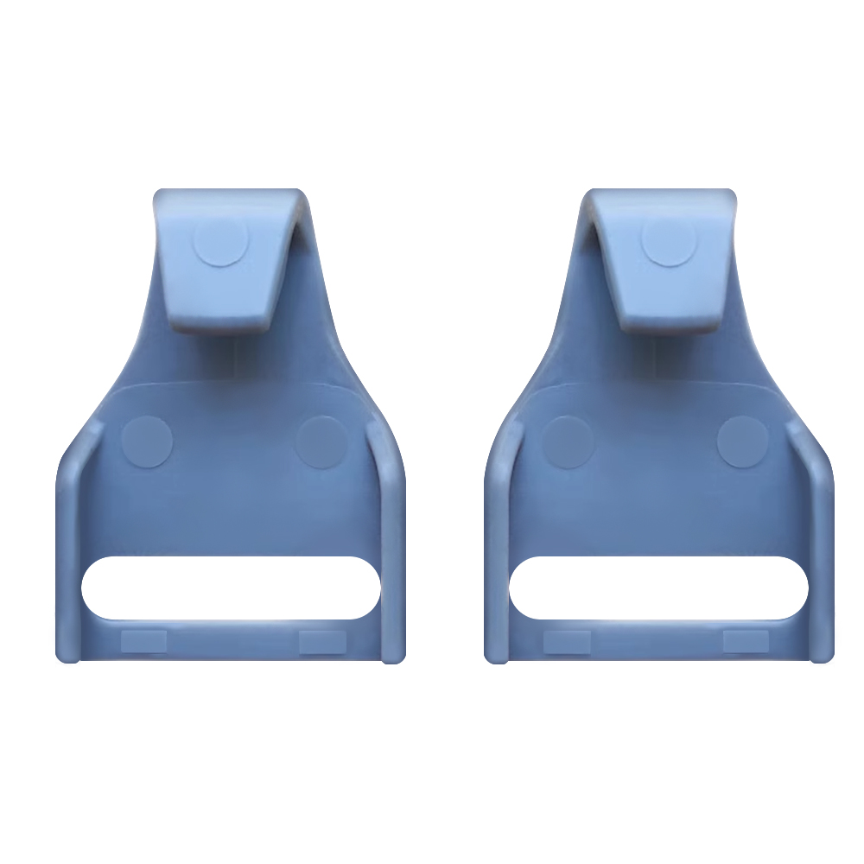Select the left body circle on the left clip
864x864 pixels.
[147, 442]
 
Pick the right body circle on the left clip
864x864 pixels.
[321, 442]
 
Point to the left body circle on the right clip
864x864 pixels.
[569, 442]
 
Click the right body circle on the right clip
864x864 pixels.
[743, 442]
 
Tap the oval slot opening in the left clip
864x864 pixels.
[231, 588]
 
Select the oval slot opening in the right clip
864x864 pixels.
[658, 588]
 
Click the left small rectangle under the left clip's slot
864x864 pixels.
[143, 640]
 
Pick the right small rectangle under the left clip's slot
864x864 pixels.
[322, 640]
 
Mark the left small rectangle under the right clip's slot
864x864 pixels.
[568, 640]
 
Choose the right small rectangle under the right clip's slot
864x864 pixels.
[746, 640]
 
